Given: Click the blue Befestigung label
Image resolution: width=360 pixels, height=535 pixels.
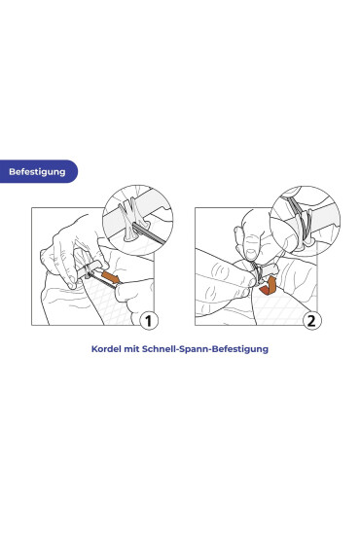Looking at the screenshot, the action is (x=38, y=171).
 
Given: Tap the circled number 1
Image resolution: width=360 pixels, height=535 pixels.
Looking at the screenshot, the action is (x=149, y=321).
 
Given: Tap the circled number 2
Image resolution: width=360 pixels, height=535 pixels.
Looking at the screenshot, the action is (x=311, y=321).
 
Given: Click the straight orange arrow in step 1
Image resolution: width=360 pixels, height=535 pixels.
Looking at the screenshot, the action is (x=111, y=277).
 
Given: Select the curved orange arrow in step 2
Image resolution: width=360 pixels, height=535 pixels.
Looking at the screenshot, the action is (x=269, y=287).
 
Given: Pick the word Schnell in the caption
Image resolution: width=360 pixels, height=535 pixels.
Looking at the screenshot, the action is (x=158, y=349).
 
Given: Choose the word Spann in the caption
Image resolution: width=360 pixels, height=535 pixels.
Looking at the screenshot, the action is (x=192, y=349).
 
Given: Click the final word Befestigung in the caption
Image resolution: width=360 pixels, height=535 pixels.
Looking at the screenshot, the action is (x=240, y=349).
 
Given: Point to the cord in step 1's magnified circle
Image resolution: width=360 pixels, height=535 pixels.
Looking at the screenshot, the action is (x=150, y=233).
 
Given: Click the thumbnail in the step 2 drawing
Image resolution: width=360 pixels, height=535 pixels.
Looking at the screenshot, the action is (x=252, y=254).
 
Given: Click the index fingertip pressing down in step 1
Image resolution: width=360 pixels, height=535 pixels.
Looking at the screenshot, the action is (x=72, y=284).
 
